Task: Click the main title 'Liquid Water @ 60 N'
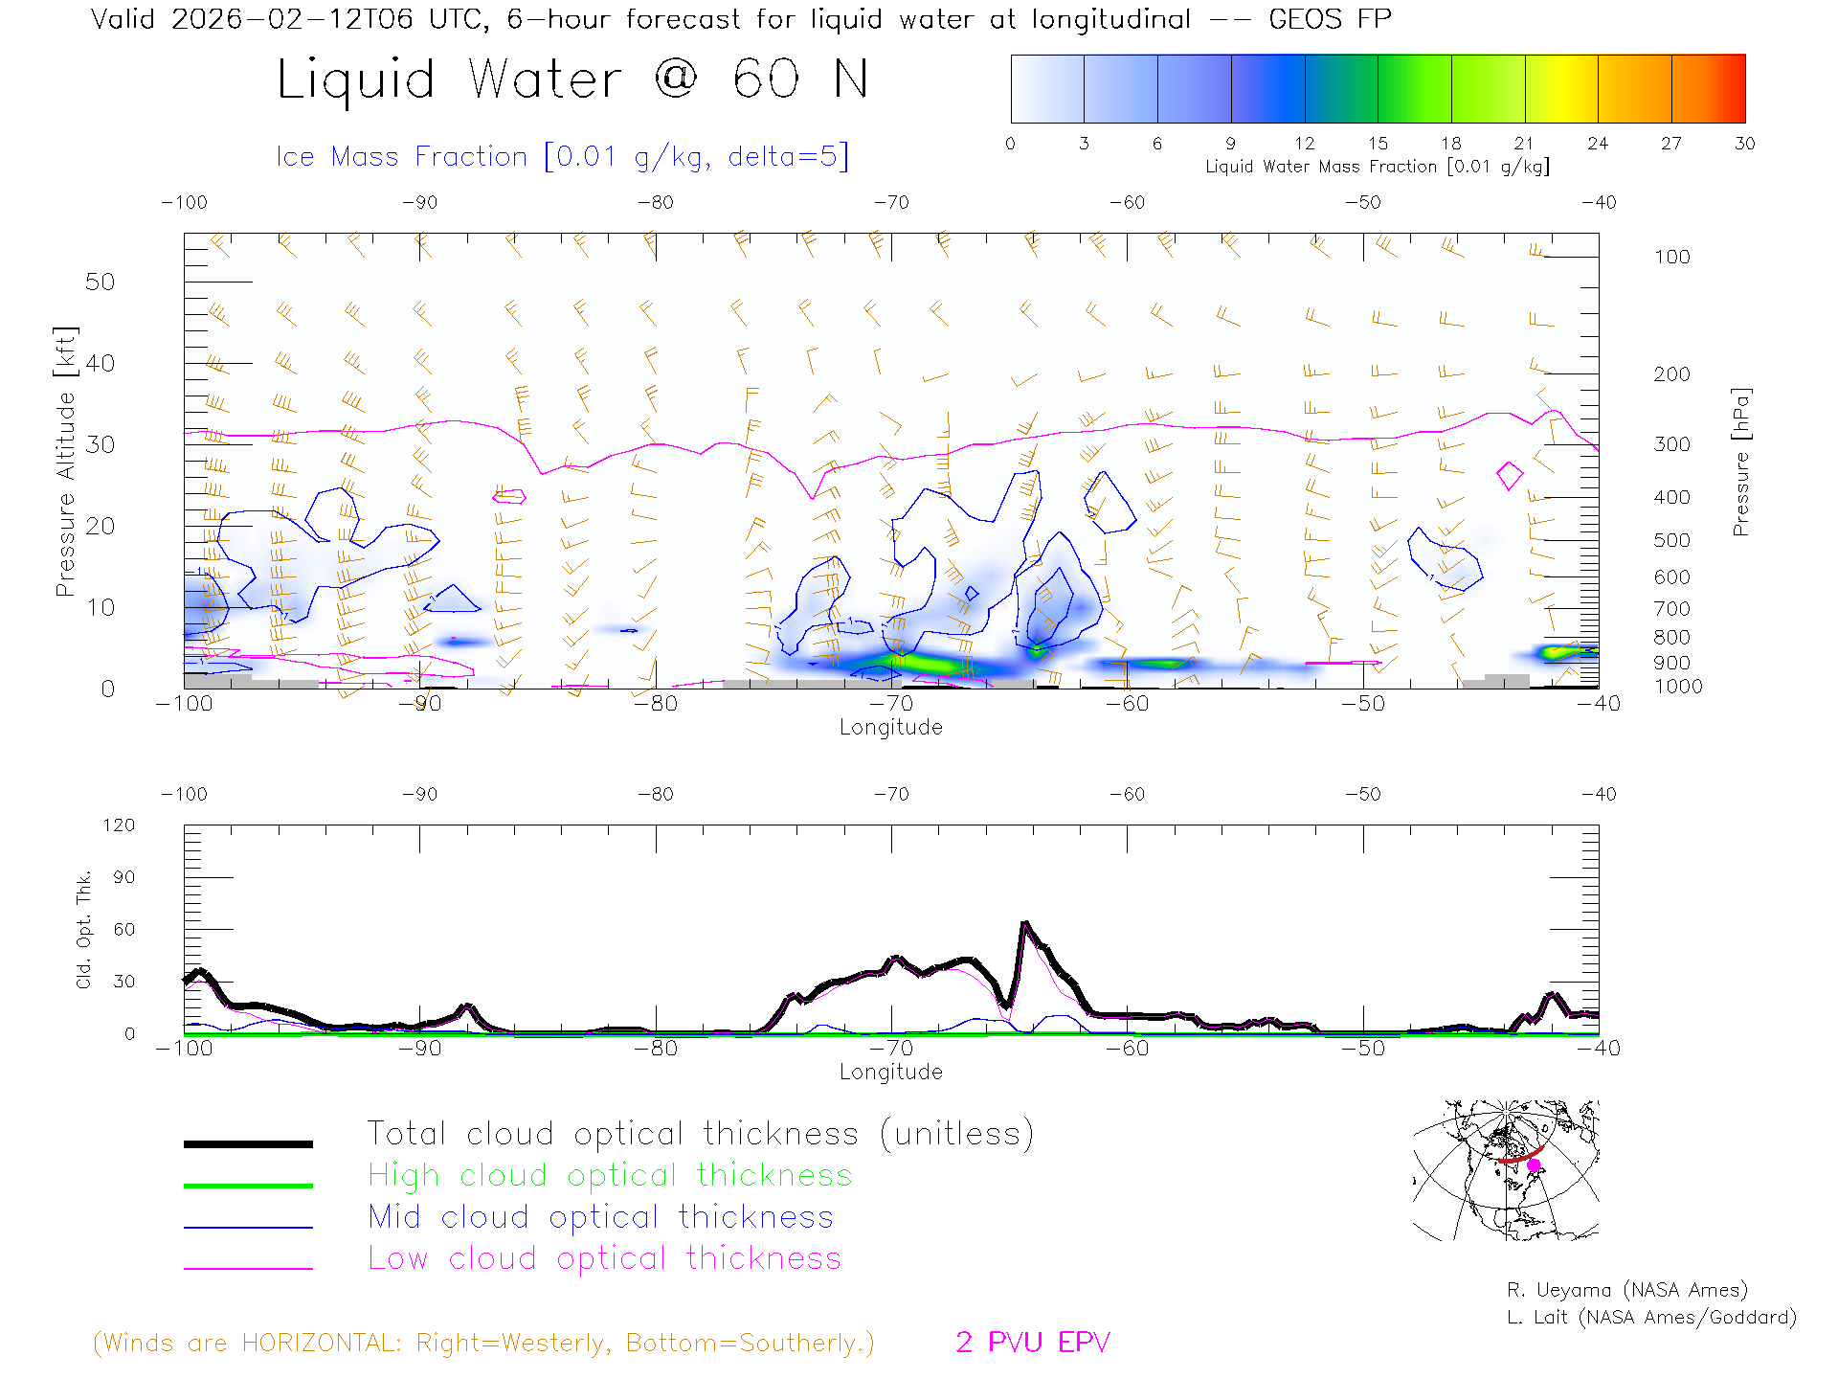click(x=572, y=79)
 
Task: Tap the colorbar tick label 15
click(x=1378, y=144)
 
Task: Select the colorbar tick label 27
click(x=1671, y=144)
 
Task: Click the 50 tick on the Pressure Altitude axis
click(x=100, y=282)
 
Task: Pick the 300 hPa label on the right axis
click(x=1671, y=444)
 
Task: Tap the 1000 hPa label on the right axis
click(x=1678, y=687)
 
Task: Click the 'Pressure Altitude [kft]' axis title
click(x=65, y=462)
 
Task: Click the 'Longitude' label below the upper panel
click(x=890, y=727)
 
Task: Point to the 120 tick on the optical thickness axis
click(x=120, y=825)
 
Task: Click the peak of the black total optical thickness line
click(x=1025, y=924)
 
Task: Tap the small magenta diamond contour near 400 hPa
click(x=1510, y=475)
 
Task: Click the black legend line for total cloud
click(x=248, y=1143)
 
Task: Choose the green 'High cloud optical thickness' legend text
click(x=610, y=1175)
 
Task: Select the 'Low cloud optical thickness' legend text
click(x=604, y=1258)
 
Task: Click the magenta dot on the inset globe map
click(x=1534, y=1165)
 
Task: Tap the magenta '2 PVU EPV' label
click(x=1032, y=1342)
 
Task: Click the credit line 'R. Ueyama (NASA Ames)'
click(x=1626, y=1290)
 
